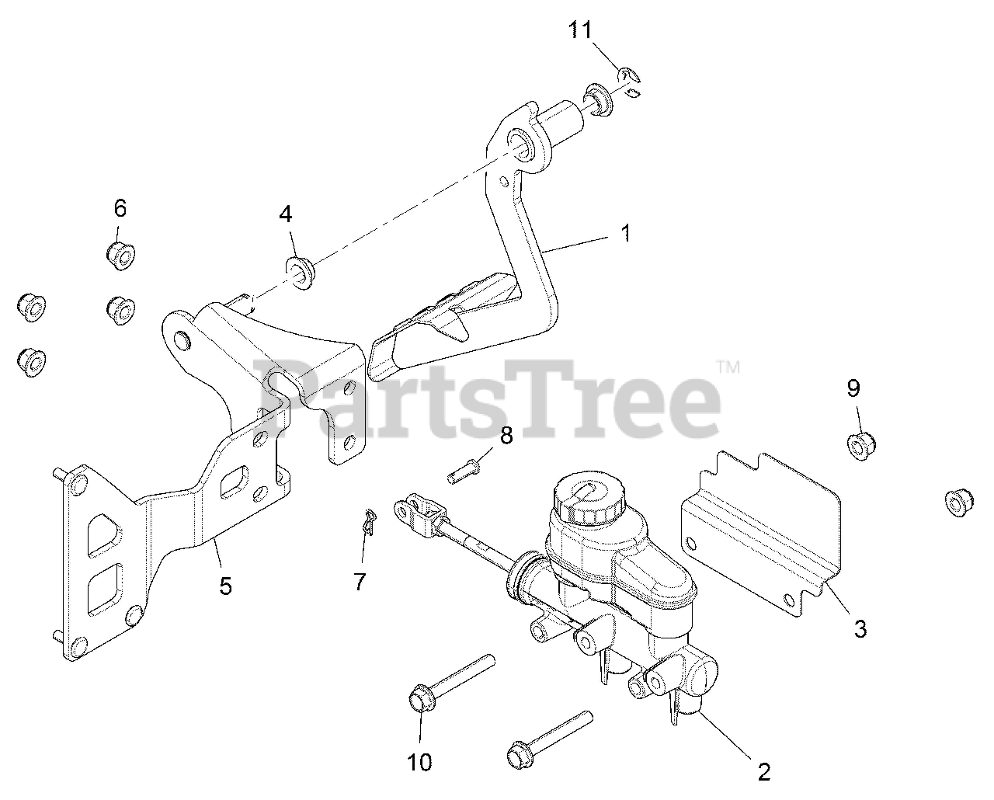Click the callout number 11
(579, 30)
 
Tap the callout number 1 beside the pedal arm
(626, 232)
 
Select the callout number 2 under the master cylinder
(764, 771)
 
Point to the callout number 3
(860, 628)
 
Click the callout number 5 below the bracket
(225, 585)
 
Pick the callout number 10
(419, 763)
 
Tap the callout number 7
(360, 581)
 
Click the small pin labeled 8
(466, 469)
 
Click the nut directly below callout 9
(859, 446)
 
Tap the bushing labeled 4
(301, 270)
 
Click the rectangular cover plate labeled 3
(761, 528)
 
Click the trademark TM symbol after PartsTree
(727, 366)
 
